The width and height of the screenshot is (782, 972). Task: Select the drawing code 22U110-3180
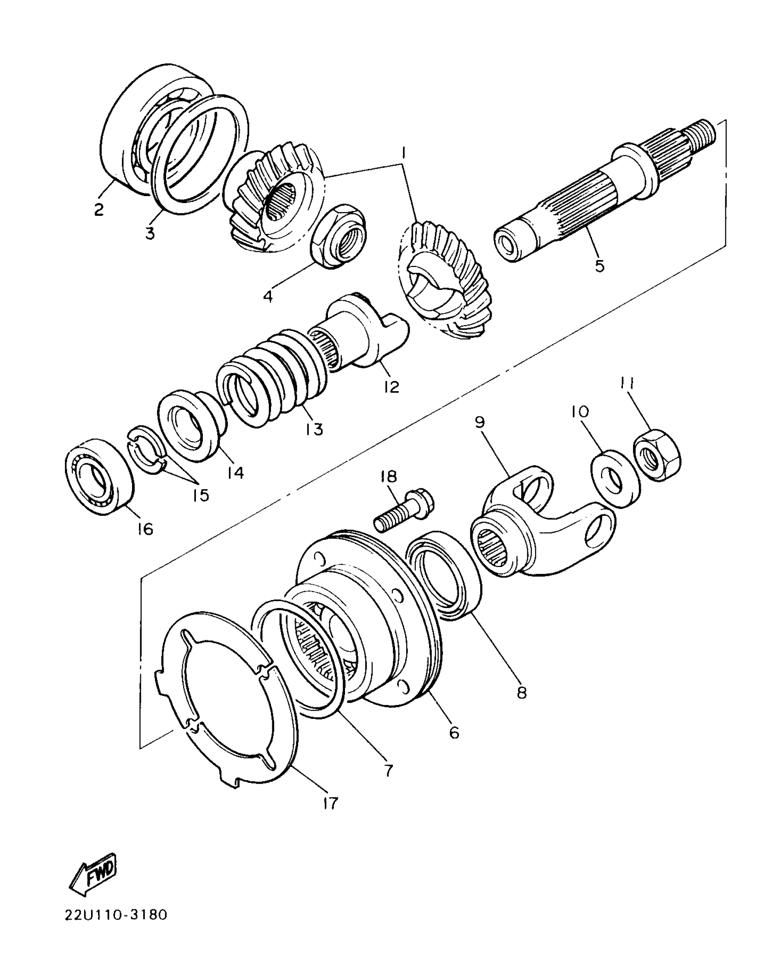tap(116, 926)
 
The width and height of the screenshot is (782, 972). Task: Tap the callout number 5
tap(599, 266)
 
